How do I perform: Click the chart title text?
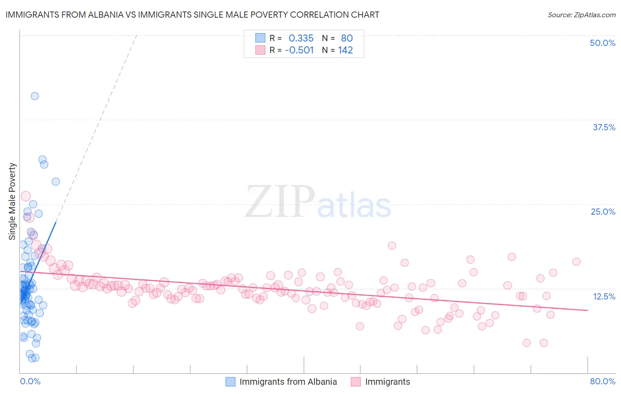192,15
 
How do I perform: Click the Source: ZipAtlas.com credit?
581,15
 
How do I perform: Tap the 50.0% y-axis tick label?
602,43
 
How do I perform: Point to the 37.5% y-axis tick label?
604,127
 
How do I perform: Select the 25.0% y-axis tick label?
603,212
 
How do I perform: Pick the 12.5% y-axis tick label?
604,296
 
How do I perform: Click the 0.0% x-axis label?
30,381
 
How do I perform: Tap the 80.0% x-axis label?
602,381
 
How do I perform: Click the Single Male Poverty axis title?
12,201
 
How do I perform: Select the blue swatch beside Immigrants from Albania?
231,382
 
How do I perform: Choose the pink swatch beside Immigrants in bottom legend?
356,382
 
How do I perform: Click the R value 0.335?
301,38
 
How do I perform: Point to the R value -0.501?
299,50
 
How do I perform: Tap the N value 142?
345,50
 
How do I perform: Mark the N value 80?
347,38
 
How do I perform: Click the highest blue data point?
34,96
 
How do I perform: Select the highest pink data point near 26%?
26,196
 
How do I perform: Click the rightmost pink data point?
576,261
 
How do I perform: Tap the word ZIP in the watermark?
280,202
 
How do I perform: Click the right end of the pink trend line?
587,311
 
